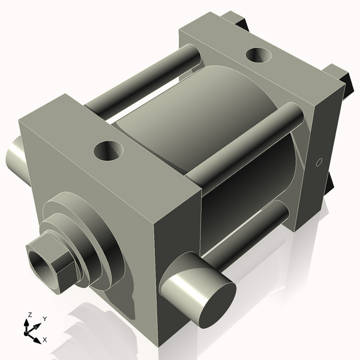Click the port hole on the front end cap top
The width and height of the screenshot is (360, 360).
pos(109,150)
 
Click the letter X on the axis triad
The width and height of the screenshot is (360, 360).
pos(44,340)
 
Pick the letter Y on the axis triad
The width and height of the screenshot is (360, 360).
pos(44,319)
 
